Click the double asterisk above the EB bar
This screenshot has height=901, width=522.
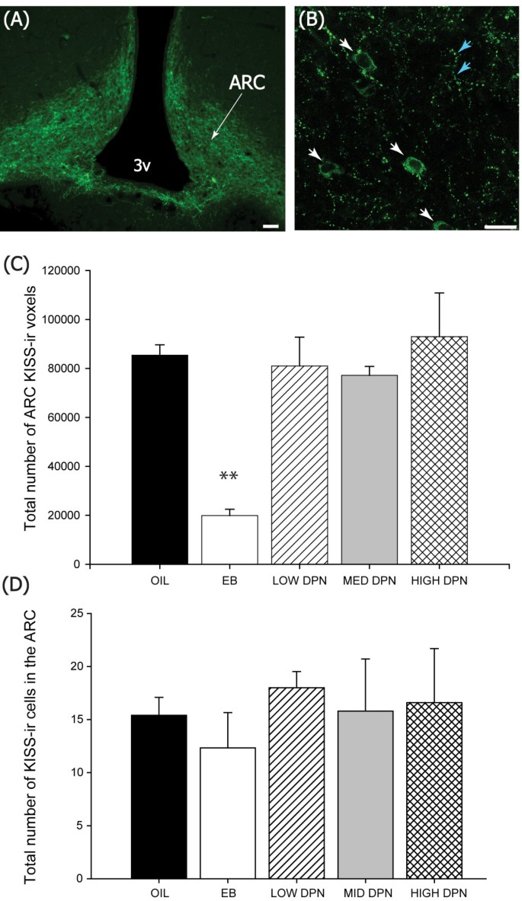coord(229,477)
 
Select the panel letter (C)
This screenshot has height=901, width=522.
coord(17,266)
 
